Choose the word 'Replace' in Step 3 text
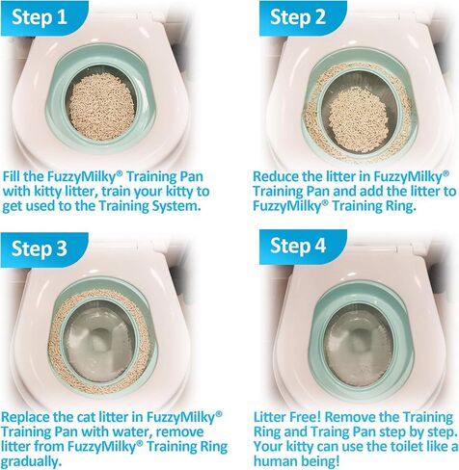(30, 416)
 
